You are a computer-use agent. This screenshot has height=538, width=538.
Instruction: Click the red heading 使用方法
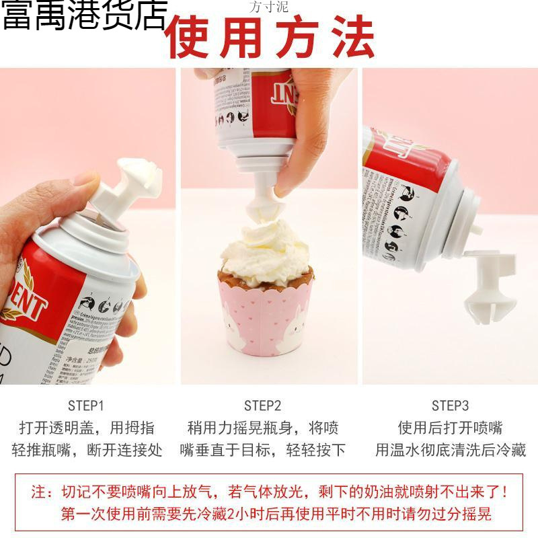point(270,37)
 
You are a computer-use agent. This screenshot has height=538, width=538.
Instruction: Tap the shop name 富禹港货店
point(83,16)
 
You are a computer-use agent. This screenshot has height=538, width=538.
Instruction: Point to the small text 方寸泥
point(268,8)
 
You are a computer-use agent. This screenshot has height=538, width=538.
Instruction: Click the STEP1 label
point(86,406)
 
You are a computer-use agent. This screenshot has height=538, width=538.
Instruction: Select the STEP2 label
point(262,406)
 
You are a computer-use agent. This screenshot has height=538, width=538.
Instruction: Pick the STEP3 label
point(450,406)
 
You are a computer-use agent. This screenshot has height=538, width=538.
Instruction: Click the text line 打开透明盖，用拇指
point(87,428)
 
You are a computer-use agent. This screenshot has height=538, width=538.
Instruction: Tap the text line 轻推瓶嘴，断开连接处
point(87,450)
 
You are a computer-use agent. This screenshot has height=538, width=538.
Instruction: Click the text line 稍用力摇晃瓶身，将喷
point(262,428)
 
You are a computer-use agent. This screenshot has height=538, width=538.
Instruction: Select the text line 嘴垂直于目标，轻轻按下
point(262,450)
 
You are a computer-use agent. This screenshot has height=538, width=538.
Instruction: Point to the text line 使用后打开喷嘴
point(450,428)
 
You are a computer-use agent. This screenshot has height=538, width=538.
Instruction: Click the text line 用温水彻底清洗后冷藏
point(450,450)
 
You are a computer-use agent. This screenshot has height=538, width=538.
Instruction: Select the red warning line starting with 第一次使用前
point(276,514)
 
